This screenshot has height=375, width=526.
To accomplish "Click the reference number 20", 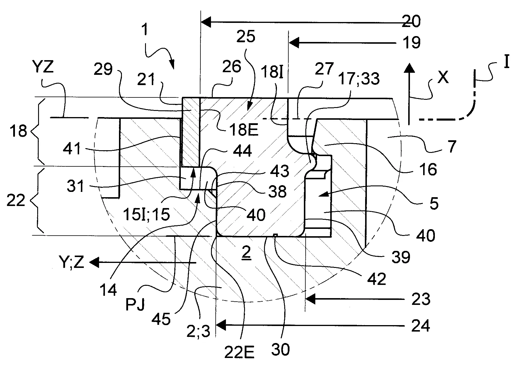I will tap(411, 21).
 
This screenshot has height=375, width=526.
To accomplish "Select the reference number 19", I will tap(412, 43).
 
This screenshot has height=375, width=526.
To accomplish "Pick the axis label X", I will tap(443, 78).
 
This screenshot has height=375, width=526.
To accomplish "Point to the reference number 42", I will tap(377, 279).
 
